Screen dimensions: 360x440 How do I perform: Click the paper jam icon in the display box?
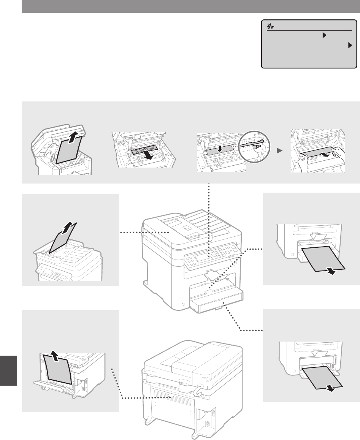(271, 27)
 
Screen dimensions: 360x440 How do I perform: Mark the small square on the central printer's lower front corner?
(183, 304)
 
